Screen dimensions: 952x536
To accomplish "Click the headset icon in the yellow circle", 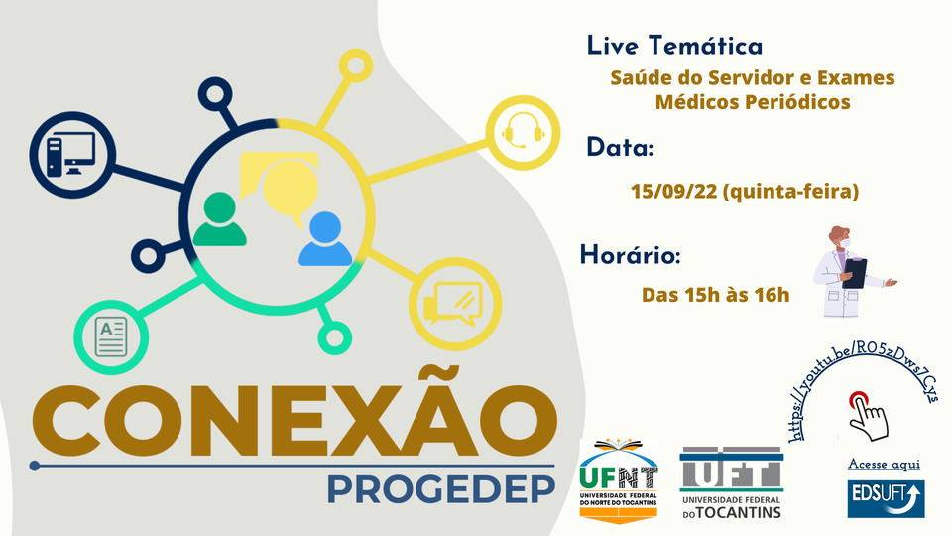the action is (523, 131).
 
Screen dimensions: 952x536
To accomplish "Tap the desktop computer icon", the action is (71, 155).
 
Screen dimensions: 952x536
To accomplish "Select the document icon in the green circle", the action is (111, 336).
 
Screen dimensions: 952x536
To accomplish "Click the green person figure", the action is (220, 218).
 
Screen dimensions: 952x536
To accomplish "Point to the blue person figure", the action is (325, 239).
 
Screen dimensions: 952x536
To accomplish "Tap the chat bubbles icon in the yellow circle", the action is (453, 304).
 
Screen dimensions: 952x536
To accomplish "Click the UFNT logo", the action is (619, 480).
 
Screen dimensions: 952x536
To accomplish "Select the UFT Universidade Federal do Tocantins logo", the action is (732, 483).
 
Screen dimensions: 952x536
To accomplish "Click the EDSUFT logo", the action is (886, 499).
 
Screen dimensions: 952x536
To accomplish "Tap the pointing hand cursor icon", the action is (869, 416).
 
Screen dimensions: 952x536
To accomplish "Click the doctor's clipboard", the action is (855, 273).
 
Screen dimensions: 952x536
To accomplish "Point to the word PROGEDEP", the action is (441, 489).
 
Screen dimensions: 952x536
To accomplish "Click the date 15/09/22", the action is (674, 191).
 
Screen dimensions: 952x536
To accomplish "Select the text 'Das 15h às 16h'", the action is (715, 295).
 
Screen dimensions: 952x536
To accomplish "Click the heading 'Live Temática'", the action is (674, 47).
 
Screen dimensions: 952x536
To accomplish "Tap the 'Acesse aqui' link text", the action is (884, 465).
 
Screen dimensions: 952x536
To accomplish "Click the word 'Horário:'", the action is (631, 255).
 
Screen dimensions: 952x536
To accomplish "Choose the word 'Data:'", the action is (620, 148).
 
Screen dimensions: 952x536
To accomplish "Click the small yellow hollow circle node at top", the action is (355, 66).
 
